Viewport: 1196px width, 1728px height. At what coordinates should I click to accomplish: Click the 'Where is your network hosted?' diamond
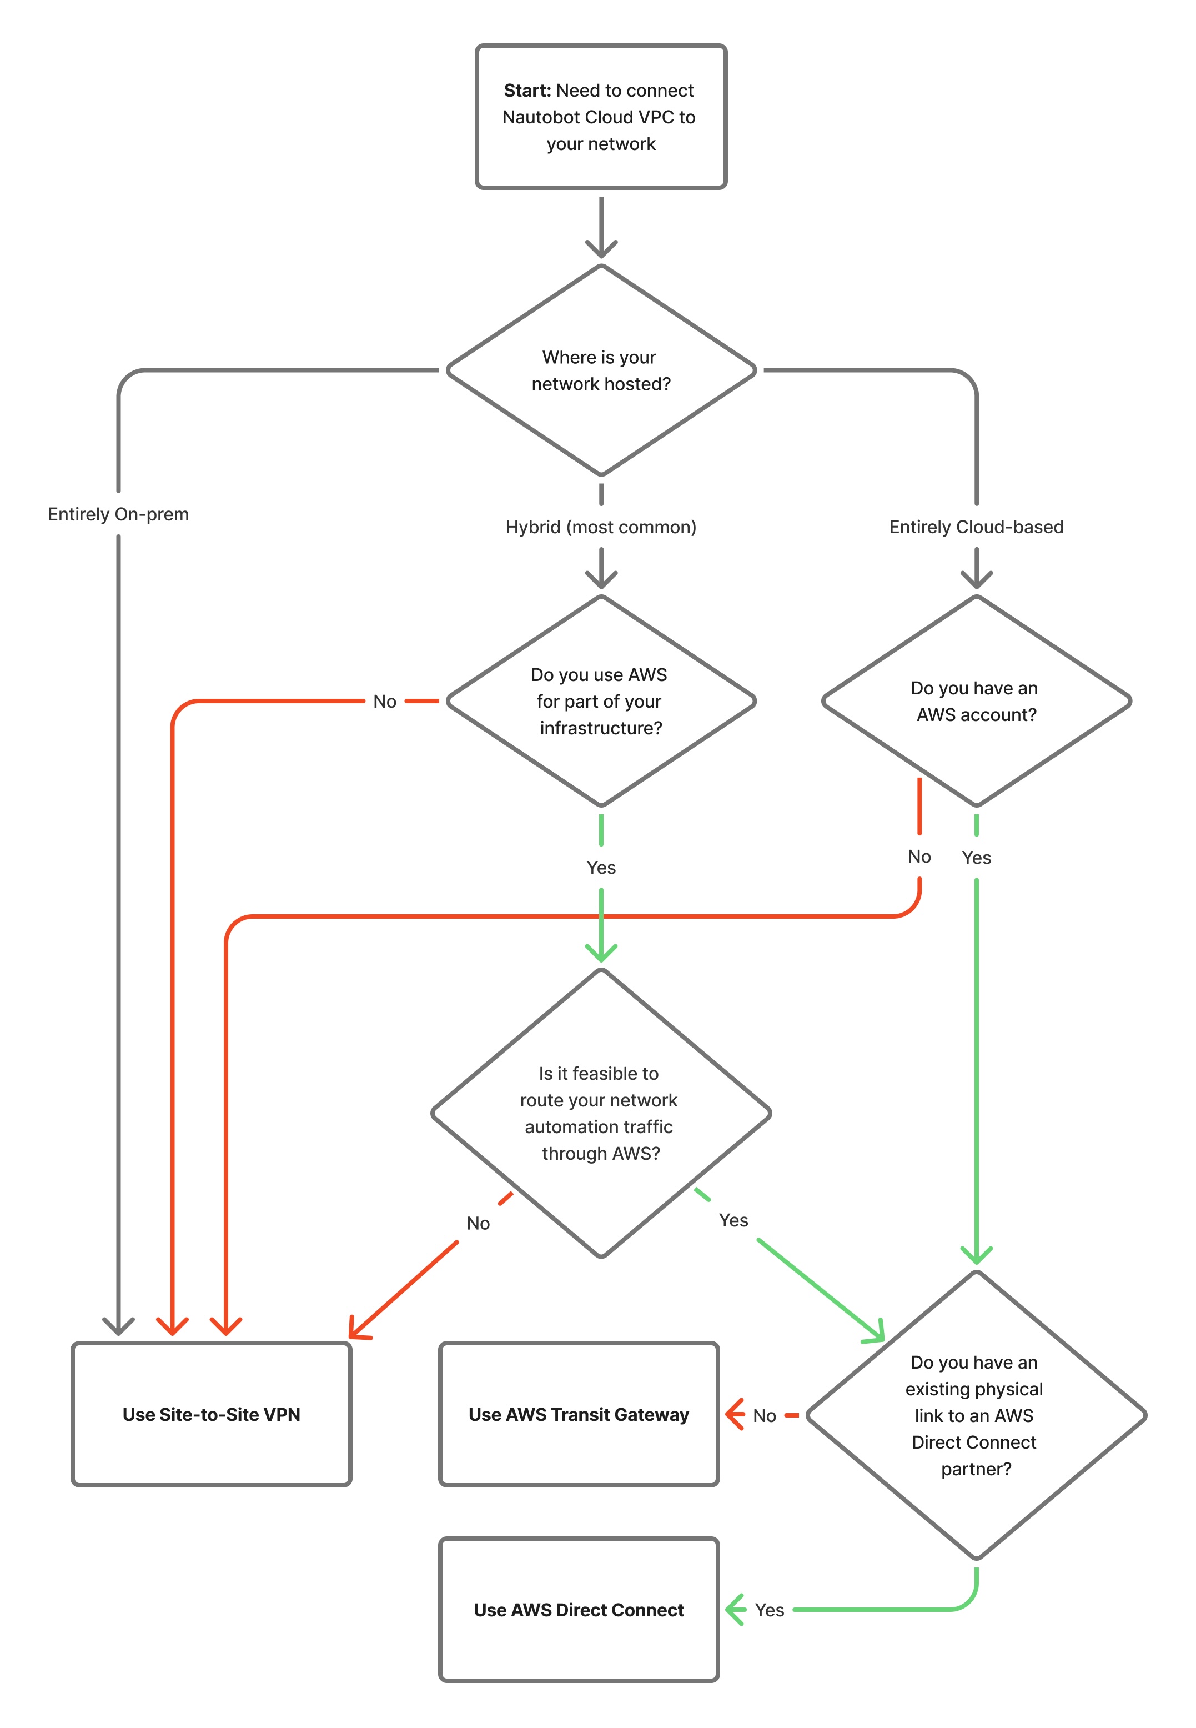[600, 370]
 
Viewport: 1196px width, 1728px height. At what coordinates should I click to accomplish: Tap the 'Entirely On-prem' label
[118, 514]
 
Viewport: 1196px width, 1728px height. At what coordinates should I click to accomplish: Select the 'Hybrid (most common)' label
[600, 527]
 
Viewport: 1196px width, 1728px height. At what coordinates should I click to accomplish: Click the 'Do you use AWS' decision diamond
[600, 701]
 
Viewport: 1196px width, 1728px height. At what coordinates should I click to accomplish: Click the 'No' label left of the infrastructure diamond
[384, 702]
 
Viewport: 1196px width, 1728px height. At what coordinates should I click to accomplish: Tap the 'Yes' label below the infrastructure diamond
[600, 868]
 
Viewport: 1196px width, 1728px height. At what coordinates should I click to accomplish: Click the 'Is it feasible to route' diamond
[600, 1113]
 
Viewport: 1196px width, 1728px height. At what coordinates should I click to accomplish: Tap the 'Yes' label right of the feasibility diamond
[733, 1220]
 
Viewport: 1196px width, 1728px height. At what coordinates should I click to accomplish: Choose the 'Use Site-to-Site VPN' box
[212, 1414]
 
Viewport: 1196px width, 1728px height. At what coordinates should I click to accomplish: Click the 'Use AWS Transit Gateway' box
[579, 1414]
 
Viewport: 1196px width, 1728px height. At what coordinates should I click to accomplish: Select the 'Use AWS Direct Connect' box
[579, 1610]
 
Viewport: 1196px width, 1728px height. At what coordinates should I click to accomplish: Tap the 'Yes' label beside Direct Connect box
[769, 1610]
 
